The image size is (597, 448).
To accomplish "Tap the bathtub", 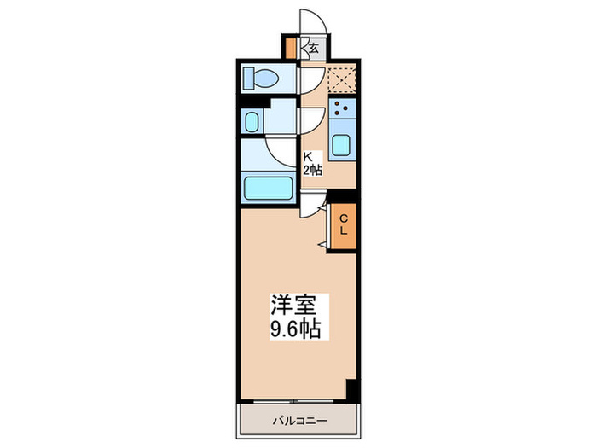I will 268,187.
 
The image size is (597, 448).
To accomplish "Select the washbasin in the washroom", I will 252,121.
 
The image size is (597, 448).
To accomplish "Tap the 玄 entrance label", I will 313,48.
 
